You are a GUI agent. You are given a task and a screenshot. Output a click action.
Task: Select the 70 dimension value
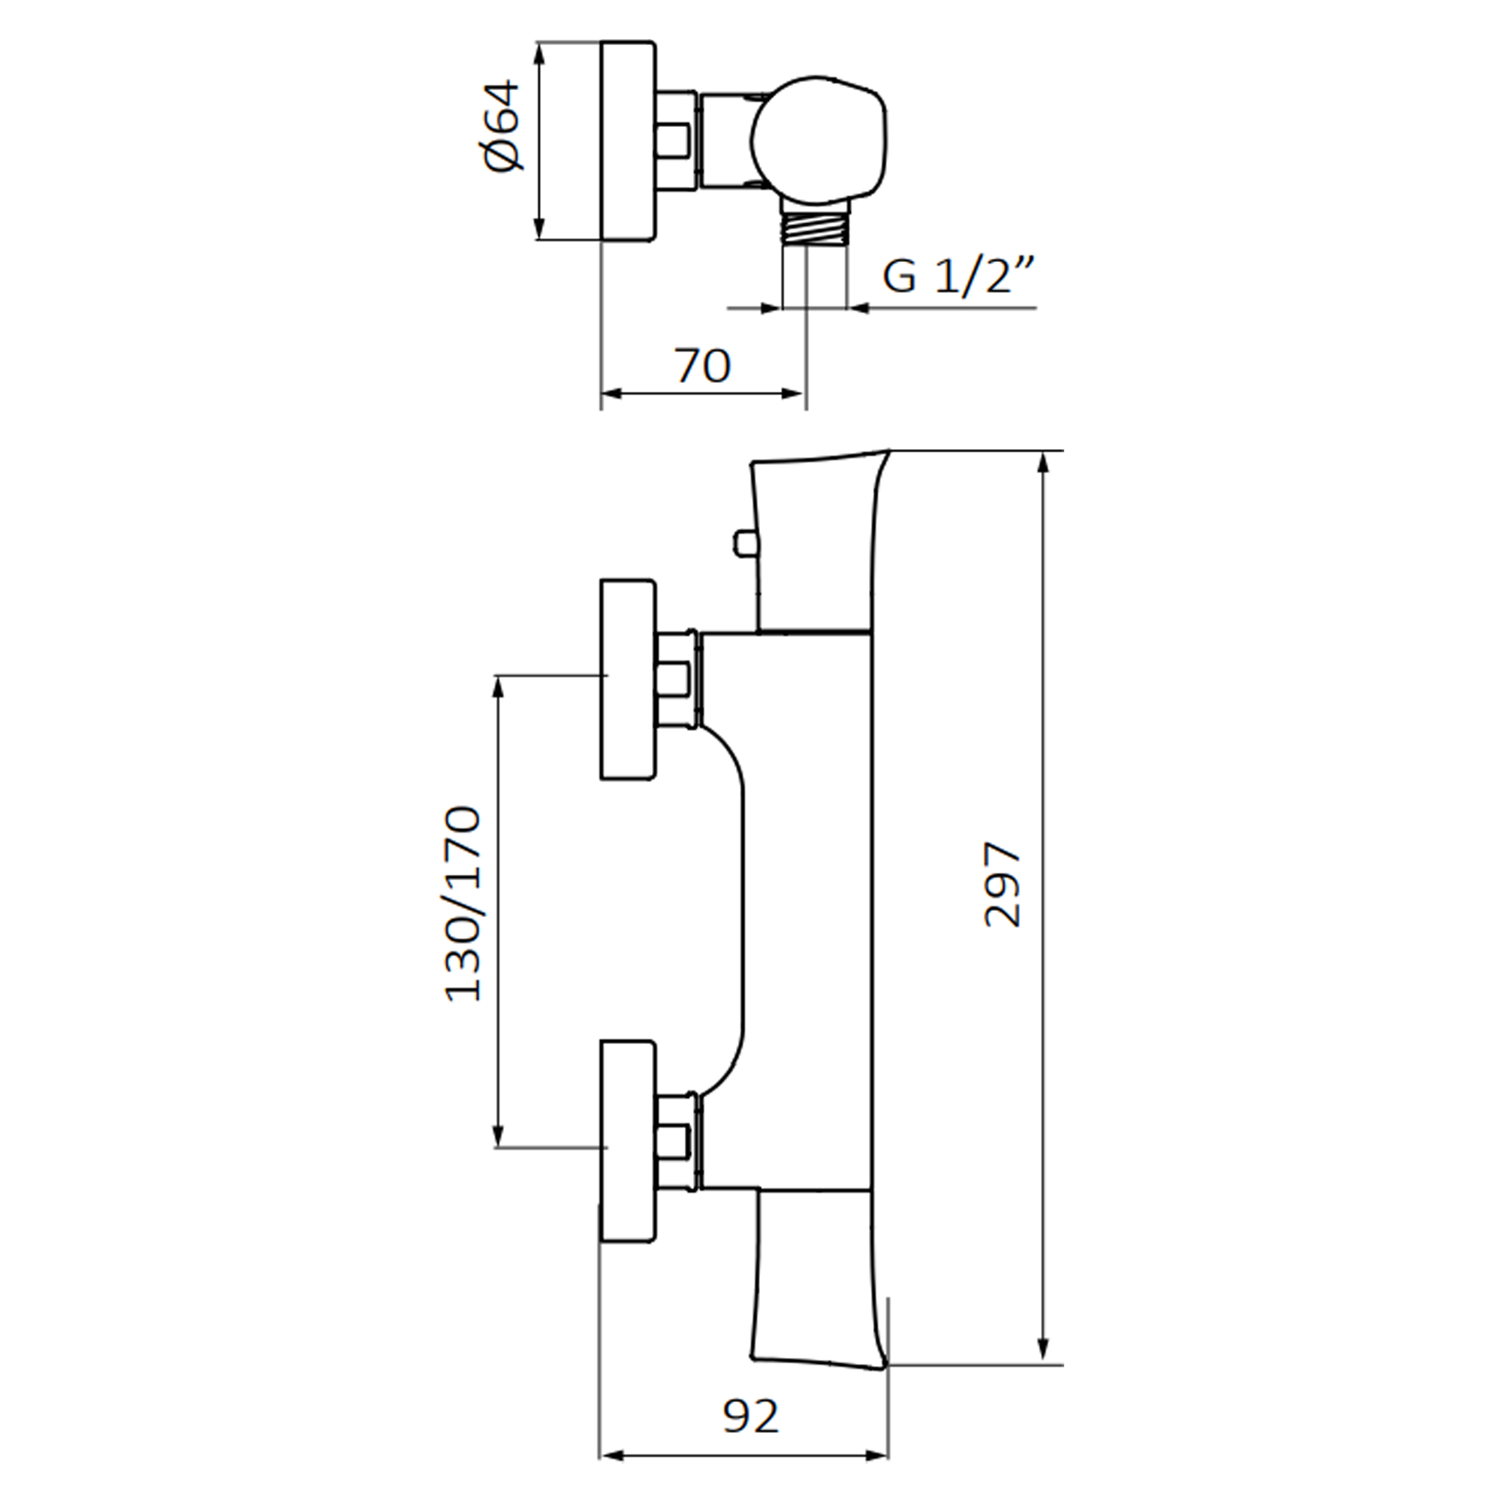(703, 366)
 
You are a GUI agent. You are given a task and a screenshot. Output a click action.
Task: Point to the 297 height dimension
(1002, 884)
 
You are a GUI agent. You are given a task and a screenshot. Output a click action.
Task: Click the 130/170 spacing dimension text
(463, 904)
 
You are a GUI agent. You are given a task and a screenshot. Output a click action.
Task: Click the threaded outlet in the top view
(815, 230)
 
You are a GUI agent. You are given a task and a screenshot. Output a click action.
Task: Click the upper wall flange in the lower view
(627, 679)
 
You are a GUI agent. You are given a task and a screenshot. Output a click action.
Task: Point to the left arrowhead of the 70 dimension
(614, 394)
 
